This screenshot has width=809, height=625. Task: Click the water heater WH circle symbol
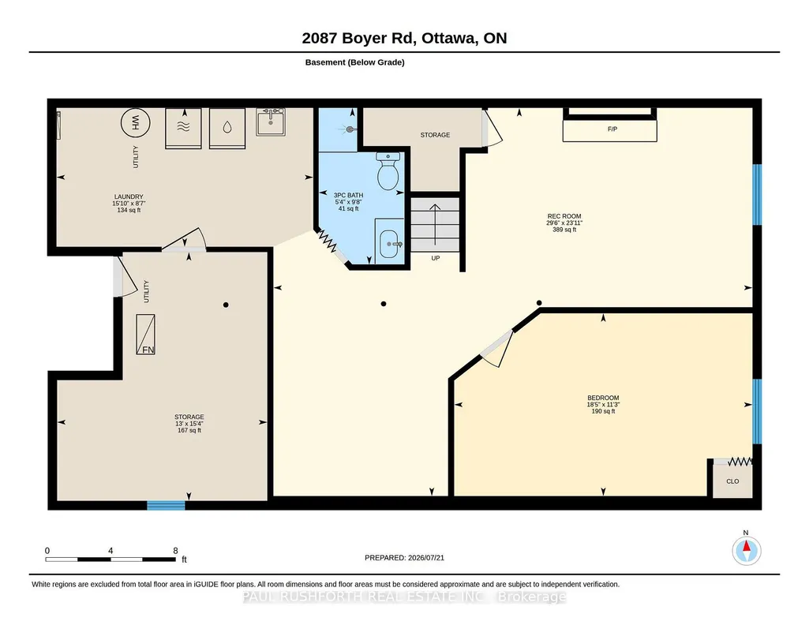pyautogui.click(x=135, y=123)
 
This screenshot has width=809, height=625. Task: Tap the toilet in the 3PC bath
pyautogui.click(x=388, y=170)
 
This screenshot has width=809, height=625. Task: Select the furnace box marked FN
pyautogui.click(x=145, y=334)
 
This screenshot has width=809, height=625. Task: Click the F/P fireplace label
pyautogui.click(x=612, y=129)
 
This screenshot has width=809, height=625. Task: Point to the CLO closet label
pyautogui.click(x=732, y=481)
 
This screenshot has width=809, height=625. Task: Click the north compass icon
pyautogui.click(x=746, y=550)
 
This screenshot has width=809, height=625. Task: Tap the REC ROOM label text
pyautogui.click(x=564, y=216)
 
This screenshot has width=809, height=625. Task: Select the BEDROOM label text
pyautogui.click(x=603, y=398)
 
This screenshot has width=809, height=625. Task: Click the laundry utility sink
pyautogui.click(x=271, y=122)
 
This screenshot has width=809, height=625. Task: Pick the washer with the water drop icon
pyautogui.click(x=227, y=129)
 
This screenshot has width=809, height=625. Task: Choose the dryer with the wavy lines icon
pyautogui.click(x=183, y=129)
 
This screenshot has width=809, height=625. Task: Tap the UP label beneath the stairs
pyautogui.click(x=436, y=258)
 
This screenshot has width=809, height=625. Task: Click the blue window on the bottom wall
pyautogui.click(x=166, y=505)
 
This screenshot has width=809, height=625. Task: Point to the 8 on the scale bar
pyautogui.click(x=175, y=551)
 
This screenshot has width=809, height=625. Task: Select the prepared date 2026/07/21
pyautogui.click(x=426, y=557)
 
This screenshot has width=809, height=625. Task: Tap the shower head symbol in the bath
pyautogui.click(x=350, y=129)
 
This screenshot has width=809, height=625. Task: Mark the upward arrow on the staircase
pyautogui.click(x=436, y=225)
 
